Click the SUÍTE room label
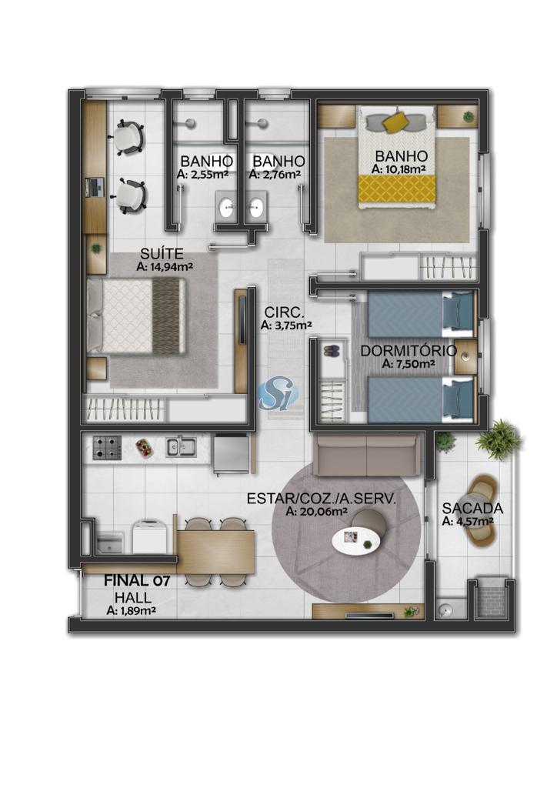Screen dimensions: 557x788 162,254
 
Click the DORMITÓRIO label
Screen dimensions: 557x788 409,351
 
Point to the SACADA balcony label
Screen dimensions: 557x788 472,509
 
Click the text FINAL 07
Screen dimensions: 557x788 137,581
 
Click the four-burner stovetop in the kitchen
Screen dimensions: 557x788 107,447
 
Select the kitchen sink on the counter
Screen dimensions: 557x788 181,446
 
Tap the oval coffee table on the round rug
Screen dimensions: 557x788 358,542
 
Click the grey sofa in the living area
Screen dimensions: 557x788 366,456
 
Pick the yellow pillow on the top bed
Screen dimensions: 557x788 396,122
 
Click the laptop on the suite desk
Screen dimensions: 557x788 93,187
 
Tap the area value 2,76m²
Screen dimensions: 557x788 275,175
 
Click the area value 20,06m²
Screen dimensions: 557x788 317,512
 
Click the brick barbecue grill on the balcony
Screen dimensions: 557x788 491,600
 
